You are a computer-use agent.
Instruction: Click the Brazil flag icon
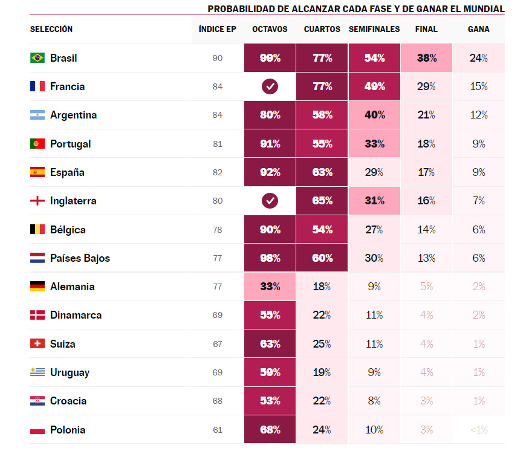point(37,58)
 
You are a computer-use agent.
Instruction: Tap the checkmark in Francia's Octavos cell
point(270,86)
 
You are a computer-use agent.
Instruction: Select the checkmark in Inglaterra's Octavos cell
point(270,201)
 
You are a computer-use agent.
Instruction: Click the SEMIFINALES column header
point(374,29)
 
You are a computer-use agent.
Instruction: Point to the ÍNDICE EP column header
point(218,29)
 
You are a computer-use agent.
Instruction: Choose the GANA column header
point(478,29)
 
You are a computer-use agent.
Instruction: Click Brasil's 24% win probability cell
point(478,58)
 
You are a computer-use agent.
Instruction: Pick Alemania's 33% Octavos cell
point(270,287)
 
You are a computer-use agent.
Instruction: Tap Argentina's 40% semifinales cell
point(374,115)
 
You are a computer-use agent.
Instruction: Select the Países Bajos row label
point(80,258)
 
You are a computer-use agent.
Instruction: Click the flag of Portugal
point(37,144)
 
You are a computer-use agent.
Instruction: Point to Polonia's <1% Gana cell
point(478,430)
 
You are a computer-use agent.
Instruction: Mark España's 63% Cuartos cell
point(322,172)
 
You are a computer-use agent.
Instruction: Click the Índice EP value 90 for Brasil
point(218,58)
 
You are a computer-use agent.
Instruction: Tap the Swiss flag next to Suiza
point(37,344)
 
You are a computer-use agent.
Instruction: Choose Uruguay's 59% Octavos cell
point(270,372)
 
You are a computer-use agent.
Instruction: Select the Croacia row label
point(68,401)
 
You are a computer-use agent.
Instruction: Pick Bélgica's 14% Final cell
point(426,230)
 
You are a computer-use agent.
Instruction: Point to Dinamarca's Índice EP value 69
point(218,315)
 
